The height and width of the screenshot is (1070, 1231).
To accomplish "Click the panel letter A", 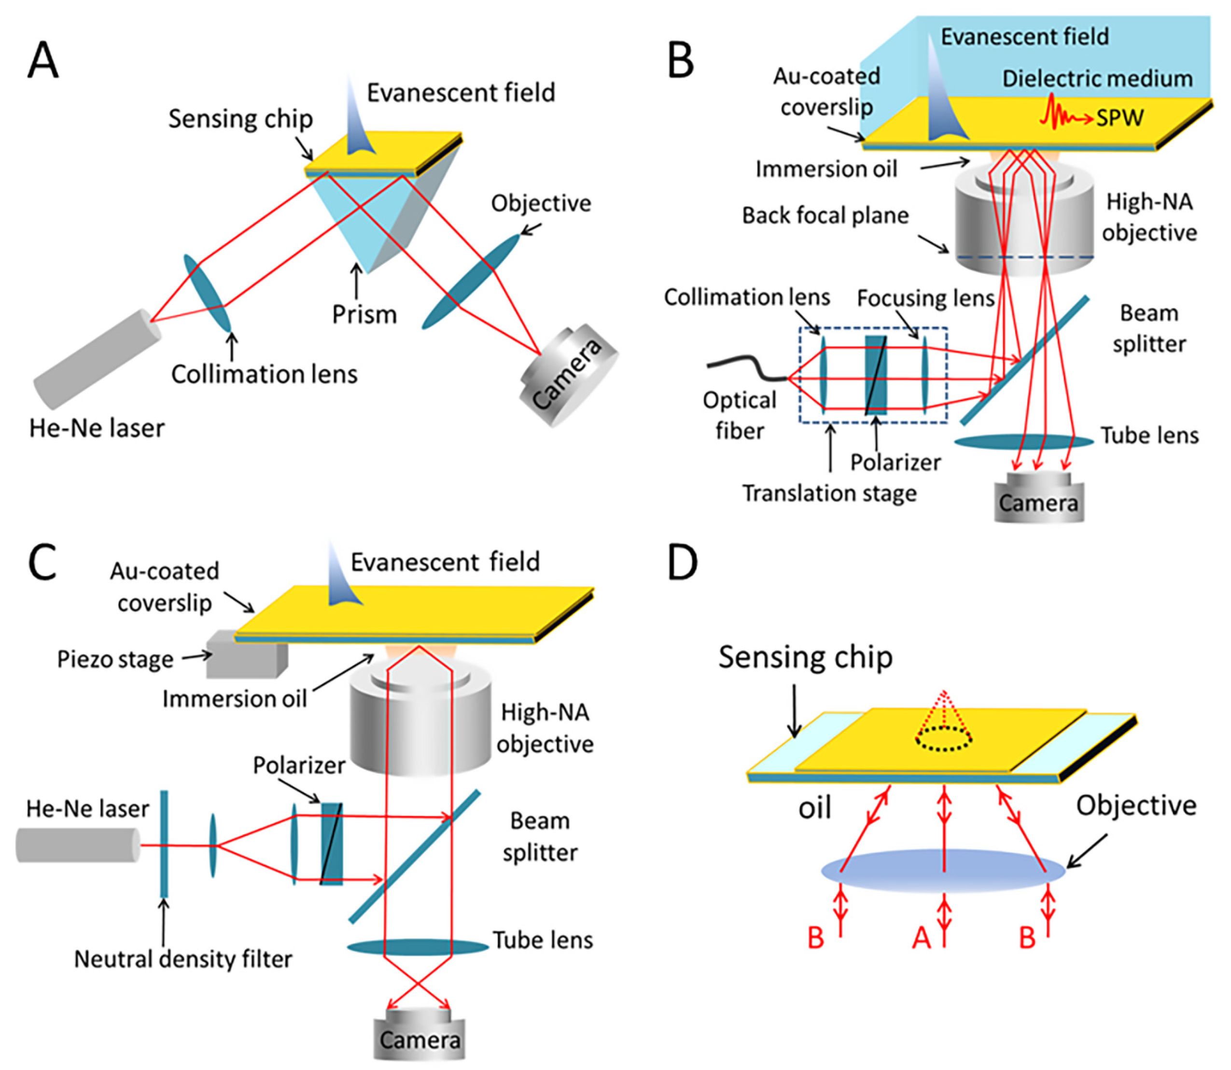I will coord(43,60).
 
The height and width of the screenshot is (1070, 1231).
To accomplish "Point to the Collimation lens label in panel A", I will coord(264,374).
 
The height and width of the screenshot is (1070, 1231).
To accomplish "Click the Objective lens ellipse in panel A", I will coord(472,281).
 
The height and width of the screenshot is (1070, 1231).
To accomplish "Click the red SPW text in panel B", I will coord(1119,118).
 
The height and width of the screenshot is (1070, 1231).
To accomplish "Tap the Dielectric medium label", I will coord(1097,79).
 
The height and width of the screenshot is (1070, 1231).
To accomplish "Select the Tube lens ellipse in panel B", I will coord(1023,442).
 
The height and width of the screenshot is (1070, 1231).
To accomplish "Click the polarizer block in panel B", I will coord(875,375).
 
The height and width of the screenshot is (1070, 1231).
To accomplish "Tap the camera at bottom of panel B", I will coord(1038,499).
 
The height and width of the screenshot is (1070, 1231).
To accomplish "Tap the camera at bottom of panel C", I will coord(419,1039).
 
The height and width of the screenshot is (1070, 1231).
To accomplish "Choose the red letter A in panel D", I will coord(921,937).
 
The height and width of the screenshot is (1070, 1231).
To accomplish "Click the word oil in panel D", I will coord(814,808).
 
